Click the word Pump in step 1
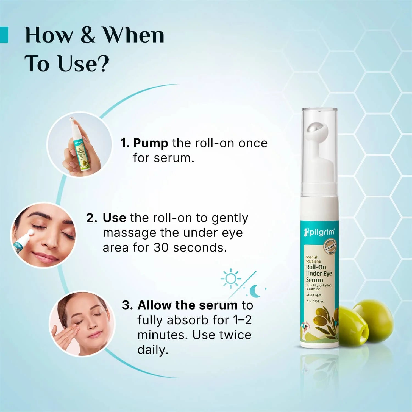point(150,143)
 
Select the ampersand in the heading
point(88,35)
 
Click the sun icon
point(230,279)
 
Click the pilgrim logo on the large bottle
point(319,232)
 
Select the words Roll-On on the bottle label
point(316,267)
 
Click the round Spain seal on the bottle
point(330,246)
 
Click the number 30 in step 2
point(161,247)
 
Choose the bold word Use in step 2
point(114,218)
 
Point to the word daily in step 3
point(152,350)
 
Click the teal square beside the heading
point(4,35)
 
